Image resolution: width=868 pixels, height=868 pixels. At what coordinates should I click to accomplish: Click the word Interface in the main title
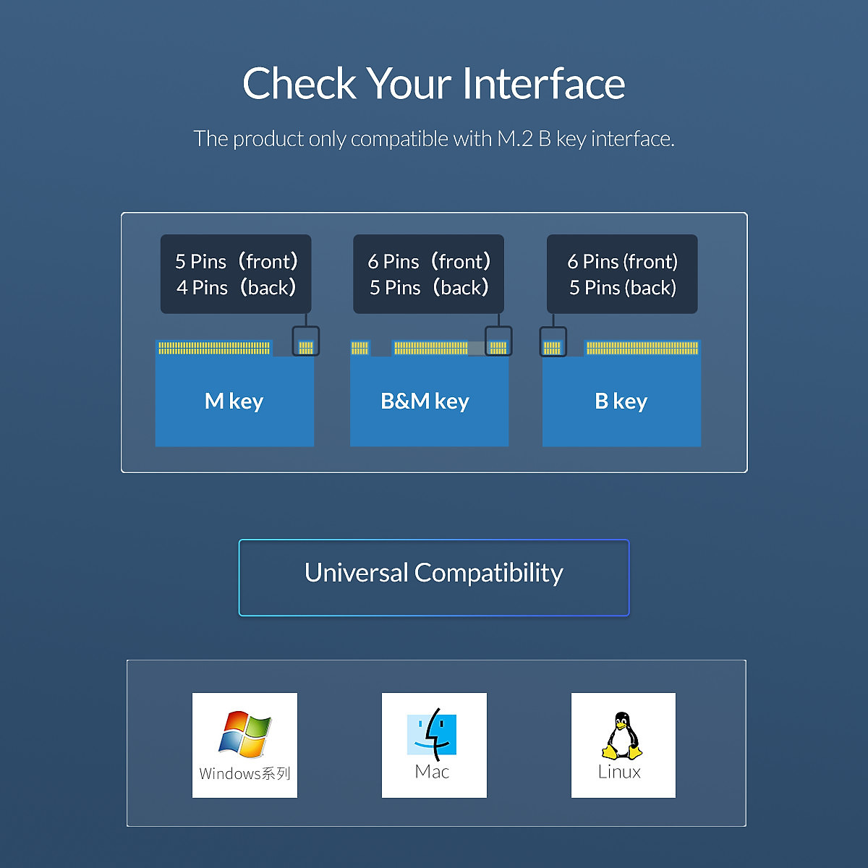pyautogui.click(x=544, y=83)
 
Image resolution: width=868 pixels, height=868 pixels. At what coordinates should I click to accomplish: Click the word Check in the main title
pyautogui.click(x=299, y=83)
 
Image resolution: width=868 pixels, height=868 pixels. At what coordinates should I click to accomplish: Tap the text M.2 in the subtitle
pyautogui.click(x=515, y=139)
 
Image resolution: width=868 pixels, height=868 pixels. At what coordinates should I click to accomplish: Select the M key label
pyautogui.click(x=234, y=401)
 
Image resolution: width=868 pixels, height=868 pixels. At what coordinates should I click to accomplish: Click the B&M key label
pyautogui.click(x=425, y=401)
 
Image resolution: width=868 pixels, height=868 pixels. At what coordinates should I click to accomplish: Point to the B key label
pyautogui.click(x=621, y=401)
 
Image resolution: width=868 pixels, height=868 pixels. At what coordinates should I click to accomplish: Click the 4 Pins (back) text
pyautogui.click(x=236, y=287)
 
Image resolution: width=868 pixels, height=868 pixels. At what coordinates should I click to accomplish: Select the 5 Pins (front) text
pyautogui.click(x=236, y=261)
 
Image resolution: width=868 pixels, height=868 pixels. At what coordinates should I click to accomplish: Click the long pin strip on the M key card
pyautogui.click(x=214, y=348)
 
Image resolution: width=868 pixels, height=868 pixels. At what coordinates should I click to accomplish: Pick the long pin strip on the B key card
pyautogui.click(x=642, y=348)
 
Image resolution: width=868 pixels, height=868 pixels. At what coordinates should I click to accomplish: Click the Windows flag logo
pyautogui.click(x=245, y=734)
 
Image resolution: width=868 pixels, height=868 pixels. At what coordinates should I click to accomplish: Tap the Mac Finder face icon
pyautogui.click(x=432, y=734)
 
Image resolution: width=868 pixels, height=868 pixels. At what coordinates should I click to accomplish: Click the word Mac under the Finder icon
pyautogui.click(x=432, y=772)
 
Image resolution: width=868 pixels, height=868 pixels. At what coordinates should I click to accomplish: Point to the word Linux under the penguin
pyautogui.click(x=619, y=772)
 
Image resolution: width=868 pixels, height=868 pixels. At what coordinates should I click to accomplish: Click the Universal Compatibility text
pyautogui.click(x=434, y=573)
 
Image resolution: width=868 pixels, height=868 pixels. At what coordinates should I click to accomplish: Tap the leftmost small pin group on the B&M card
pyautogui.click(x=359, y=348)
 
